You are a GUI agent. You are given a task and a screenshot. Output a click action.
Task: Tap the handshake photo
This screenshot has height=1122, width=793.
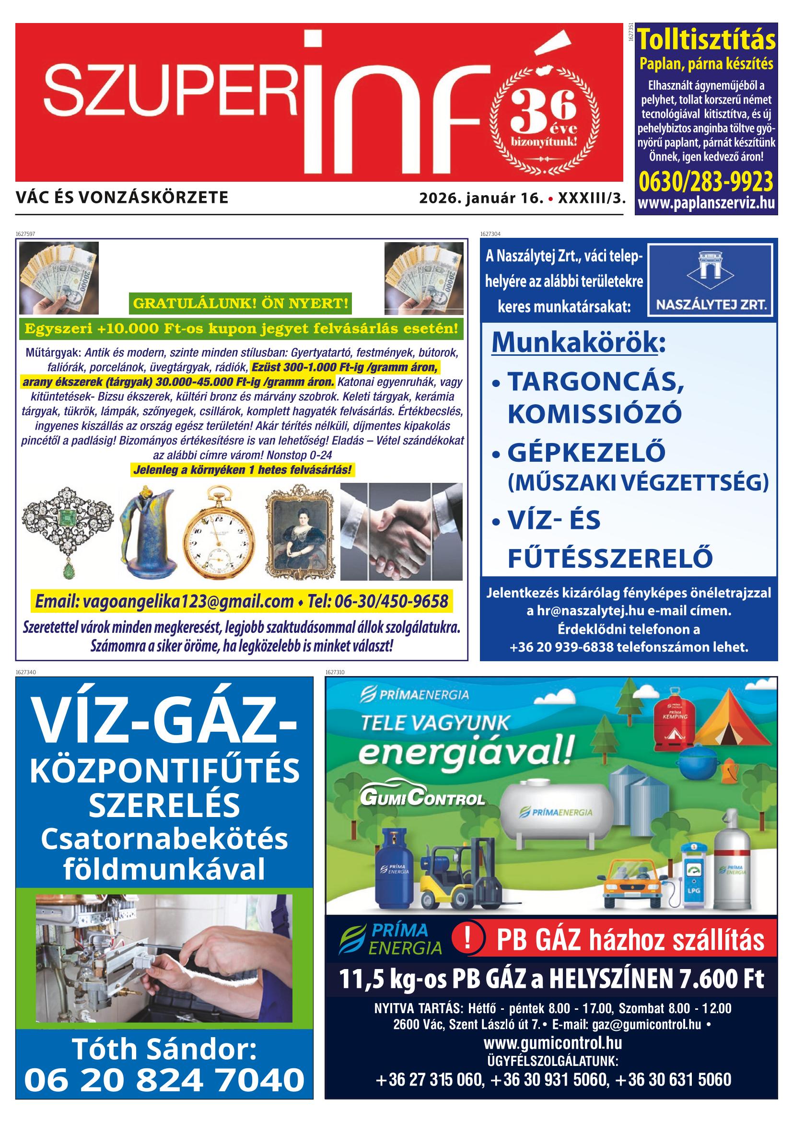pos(401,532)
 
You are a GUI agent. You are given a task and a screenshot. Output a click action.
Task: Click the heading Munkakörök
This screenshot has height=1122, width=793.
pos(574,342)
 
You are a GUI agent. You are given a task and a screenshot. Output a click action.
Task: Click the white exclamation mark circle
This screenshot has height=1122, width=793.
pos(467,940)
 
